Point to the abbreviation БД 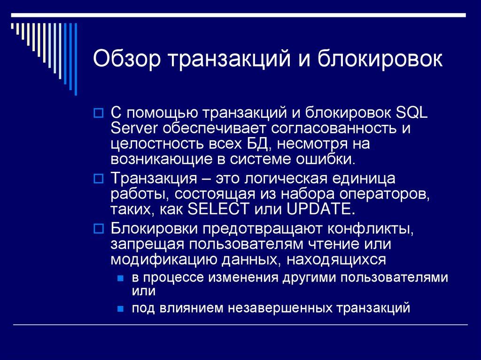tap(256, 144)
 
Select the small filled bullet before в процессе tap(121, 278)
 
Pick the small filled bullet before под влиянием tap(121, 309)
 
